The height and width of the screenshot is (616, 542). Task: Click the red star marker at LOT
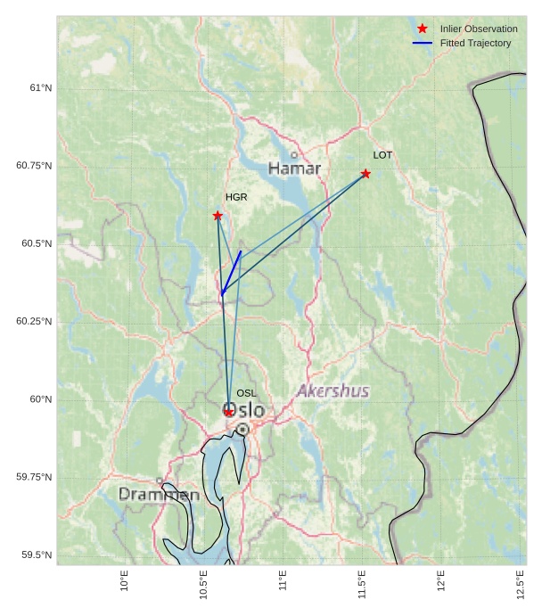click(365, 174)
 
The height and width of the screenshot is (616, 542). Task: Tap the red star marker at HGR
click(218, 216)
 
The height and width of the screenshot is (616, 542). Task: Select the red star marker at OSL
click(229, 412)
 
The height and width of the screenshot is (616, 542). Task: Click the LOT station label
click(382, 155)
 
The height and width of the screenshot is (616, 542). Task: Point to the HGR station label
click(236, 197)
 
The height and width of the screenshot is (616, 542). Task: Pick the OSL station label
click(246, 393)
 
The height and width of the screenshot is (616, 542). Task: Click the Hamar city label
click(294, 168)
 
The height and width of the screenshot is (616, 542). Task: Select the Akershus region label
click(333, 391)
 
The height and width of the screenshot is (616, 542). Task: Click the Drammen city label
click(159, 494)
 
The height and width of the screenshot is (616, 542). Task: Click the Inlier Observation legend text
click(479, 29)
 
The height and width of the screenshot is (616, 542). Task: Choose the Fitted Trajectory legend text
click(476, 43)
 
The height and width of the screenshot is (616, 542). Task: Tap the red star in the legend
click(423, 29)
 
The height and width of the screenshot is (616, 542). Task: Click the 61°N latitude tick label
click(40, 88)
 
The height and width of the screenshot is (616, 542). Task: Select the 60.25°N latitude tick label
click(34, 321)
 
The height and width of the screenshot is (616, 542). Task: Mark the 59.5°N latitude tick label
click(37, 555)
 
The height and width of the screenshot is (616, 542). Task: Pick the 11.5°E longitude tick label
click(362, 584)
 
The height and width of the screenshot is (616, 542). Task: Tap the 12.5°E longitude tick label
click(521, 584)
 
